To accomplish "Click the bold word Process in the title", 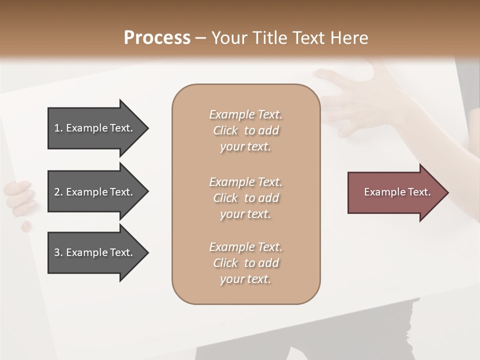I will coord(157,38).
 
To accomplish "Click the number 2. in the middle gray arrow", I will coord(58,192).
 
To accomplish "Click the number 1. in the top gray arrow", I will coord(58,128).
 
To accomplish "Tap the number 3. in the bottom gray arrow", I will coord(58,252).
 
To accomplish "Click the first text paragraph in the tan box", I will coord(245,130).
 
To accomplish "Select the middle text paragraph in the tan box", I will coord(245,198).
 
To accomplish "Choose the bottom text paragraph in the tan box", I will coord(245,263).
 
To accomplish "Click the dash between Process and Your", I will coord(201,38).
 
